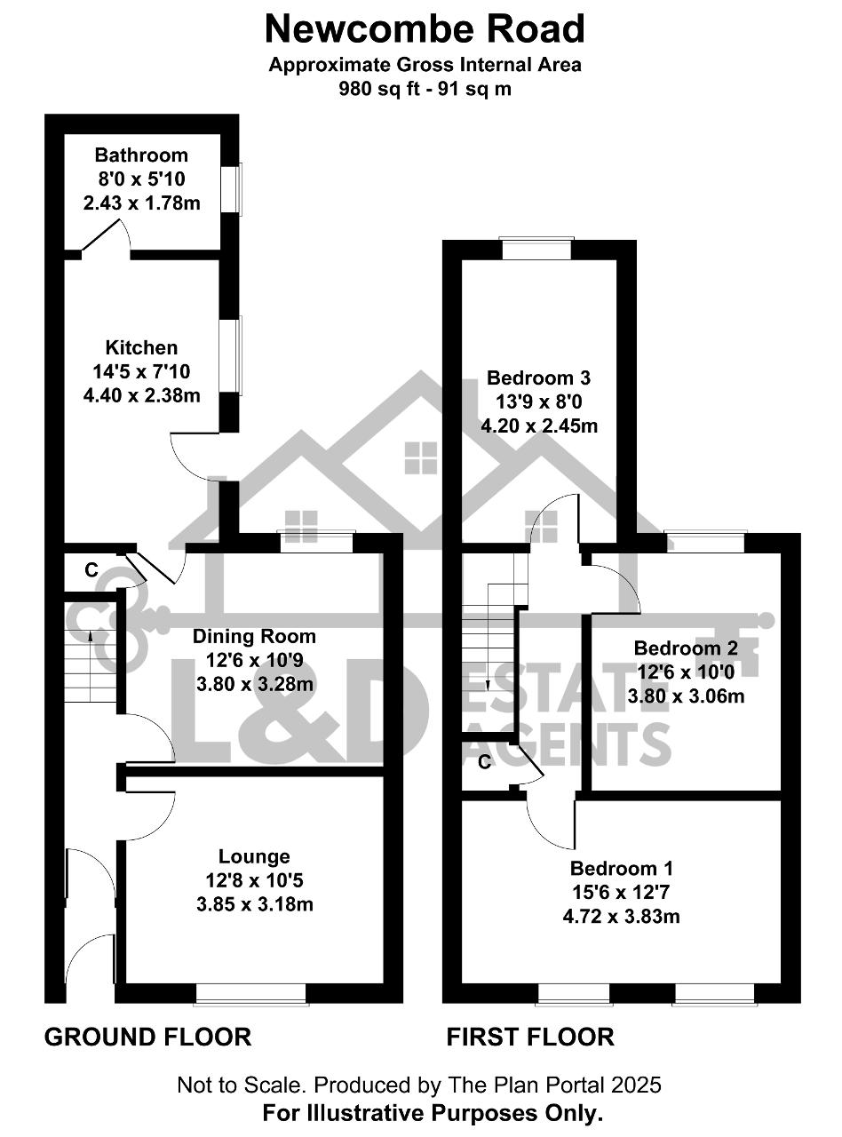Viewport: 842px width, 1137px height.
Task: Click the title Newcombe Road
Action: (x=425, y=29)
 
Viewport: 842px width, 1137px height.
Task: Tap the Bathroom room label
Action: (x=141, y=155)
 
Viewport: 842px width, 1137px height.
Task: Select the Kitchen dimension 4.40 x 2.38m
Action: (x=141, y=395)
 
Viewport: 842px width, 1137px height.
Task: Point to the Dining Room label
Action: (x=254, y=636)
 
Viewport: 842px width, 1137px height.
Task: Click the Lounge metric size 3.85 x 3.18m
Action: (x=255, y=903)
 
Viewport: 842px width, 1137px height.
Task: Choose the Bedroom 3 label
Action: (x=538, y=378)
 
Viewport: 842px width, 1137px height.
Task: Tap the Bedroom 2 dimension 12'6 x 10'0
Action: (x=686, y=672)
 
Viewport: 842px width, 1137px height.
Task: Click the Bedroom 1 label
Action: (x=622, y=868)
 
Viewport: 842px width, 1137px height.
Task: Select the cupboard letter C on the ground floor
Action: (x=91, y=569)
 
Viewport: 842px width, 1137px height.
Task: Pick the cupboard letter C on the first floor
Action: (x=485, y=762)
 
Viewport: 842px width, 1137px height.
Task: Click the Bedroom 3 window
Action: (x=536, y=249)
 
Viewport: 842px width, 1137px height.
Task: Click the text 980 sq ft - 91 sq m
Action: (x=425, y=89)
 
